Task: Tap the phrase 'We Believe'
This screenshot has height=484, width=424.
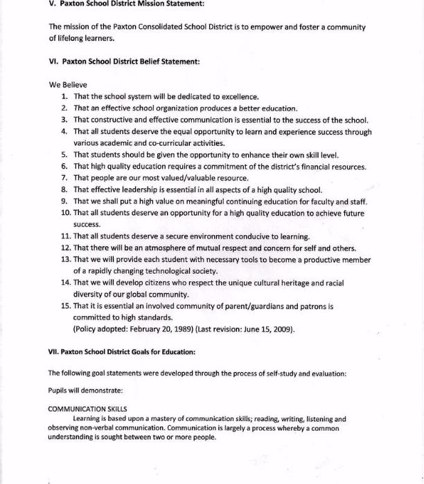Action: (68, 84)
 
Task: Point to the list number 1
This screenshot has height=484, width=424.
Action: (64, 96)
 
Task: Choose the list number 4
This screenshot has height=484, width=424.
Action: (64, 131)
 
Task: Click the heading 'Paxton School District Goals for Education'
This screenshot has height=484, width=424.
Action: (122, 351)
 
